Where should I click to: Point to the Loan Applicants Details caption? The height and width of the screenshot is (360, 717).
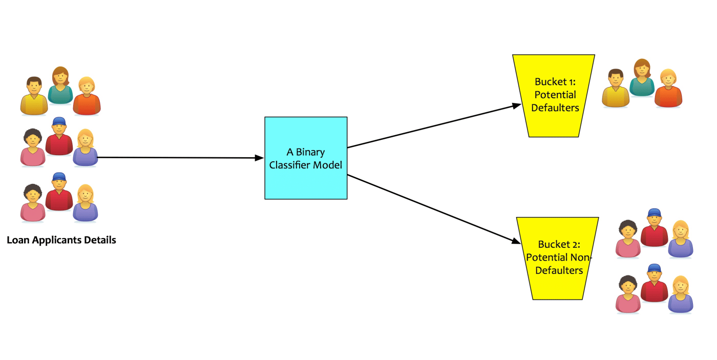pos(61,240)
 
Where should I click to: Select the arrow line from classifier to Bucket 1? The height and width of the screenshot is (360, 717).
pos(430,126)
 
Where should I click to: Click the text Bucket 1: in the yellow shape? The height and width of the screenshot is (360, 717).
pos(555,81)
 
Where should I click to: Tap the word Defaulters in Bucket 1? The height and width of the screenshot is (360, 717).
pos(555,108)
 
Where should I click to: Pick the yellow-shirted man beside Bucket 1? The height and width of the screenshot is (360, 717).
pos(615,89)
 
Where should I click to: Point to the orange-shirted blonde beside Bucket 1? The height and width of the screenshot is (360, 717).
pos(668,89)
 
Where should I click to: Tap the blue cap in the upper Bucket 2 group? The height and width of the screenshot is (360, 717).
pos(653,213)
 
